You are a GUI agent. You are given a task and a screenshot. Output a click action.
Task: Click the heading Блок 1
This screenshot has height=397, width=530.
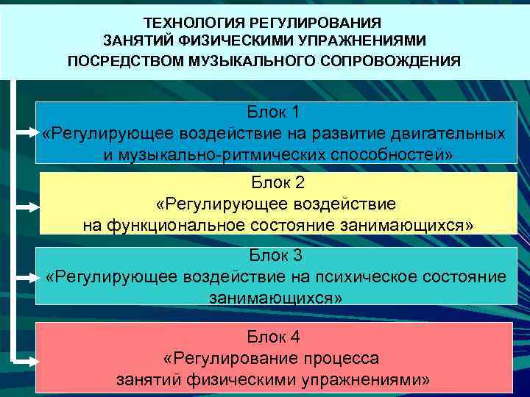[274, 112]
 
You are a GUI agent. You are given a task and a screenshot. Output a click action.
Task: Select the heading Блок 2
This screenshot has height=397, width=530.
[277, 183]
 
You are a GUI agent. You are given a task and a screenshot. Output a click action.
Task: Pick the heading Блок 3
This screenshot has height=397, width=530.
[276, 256]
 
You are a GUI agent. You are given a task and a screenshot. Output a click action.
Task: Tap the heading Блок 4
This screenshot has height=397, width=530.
[274, 337]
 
